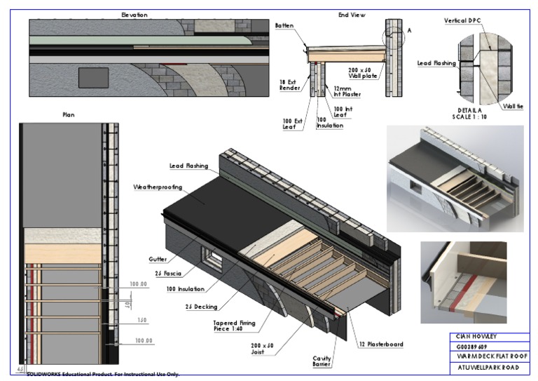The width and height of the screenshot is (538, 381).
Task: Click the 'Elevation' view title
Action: (x=134, y=15)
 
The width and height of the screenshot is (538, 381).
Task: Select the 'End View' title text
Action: (x=352, y=15)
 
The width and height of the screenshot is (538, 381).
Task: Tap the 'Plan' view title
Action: (x=69, y=114)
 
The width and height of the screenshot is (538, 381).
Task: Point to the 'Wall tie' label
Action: (x=513, y=106)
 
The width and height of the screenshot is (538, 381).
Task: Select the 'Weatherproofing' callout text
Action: (x=159, y=187)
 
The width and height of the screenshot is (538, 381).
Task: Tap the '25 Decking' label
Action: (x=201, y=307)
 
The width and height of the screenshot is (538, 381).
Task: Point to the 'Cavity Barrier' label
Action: (x=322, y=361)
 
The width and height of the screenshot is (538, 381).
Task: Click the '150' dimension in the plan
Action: (x=142, y=319)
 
